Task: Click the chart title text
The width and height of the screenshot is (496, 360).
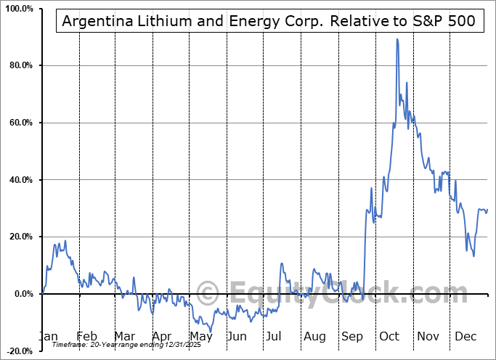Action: [269, 21]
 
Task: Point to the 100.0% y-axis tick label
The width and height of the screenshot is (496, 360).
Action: [17, 9]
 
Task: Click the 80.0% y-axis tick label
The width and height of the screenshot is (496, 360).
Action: [18, 66]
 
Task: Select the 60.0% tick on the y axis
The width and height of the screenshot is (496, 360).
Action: [18, 123]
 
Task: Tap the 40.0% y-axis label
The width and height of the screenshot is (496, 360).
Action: [18, 180]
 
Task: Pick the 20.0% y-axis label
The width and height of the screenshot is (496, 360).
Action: [18, 237]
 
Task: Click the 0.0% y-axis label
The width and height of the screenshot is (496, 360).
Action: [20, 294]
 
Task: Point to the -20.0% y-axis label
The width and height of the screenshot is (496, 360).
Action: [17, 351]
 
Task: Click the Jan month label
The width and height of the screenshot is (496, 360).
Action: [48, 337]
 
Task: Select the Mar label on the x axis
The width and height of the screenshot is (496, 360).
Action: [123, 337]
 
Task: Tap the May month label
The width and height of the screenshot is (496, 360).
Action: [199, 337]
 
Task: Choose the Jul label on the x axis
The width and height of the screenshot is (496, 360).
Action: [275, 337]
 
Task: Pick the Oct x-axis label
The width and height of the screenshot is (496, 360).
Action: [389, 337]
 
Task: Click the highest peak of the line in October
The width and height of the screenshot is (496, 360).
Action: [397, 39]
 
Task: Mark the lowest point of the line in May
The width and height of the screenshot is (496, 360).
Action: [211, 332]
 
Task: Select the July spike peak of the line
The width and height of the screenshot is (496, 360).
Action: [281, 263]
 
